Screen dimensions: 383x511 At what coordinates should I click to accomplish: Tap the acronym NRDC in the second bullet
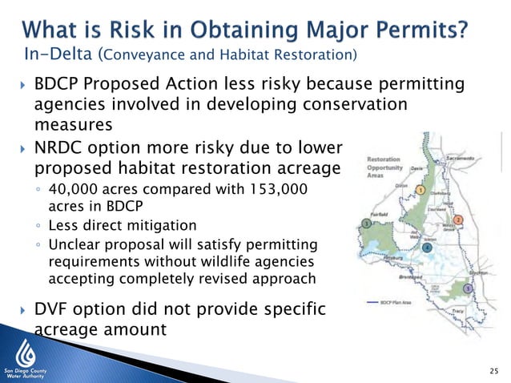coord(61,148)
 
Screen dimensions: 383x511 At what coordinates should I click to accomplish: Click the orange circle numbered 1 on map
coord(420,191)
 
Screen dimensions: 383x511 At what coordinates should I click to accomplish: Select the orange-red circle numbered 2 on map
coord(458,220)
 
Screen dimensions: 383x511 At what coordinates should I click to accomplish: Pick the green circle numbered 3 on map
coord(366,223)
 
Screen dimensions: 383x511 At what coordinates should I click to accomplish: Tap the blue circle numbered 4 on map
coord(427,248)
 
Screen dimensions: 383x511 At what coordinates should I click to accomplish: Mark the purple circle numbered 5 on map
coord(468,288)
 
